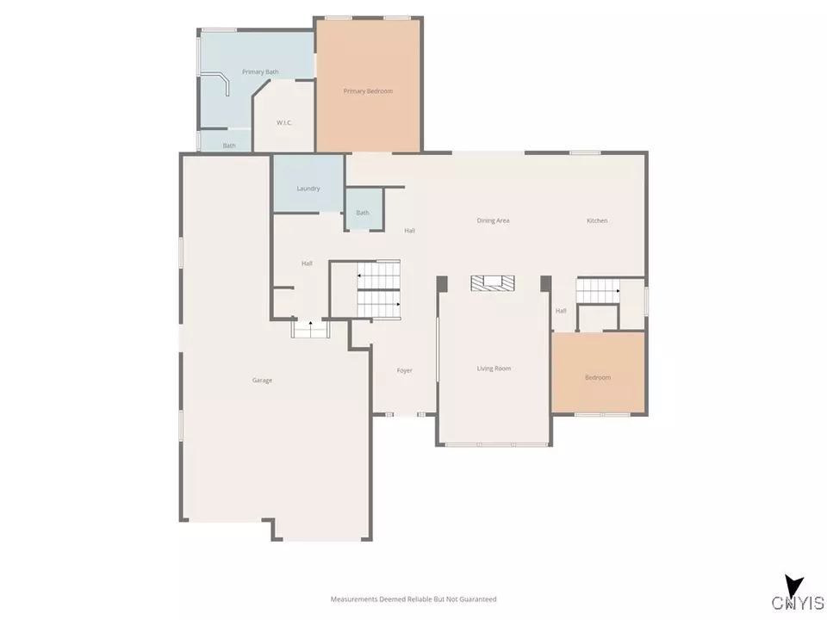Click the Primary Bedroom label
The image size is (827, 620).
coord(368,90)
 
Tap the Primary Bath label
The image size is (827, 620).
coord(260,71)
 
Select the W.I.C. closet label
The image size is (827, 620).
coord(284,123)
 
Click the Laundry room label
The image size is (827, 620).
coord(308,189)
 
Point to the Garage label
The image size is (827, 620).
coord(262,380)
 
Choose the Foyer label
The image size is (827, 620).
coord(404,370)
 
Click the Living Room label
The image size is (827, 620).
coord(494,369)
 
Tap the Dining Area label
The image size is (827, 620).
coord(493,220)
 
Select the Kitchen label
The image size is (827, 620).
coord(597,220)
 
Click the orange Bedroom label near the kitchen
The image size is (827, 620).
coord(597,377)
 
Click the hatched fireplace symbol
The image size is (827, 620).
coord(492,283)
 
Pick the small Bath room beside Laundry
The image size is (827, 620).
coord(363,213)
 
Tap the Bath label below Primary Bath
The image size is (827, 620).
coord(229,146)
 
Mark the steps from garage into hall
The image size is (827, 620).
coord(310,329)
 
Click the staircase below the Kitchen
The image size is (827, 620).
coord(598,291)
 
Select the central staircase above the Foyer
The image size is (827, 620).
coord(379,290)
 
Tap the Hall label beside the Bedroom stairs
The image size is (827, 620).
coord(561,311)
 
